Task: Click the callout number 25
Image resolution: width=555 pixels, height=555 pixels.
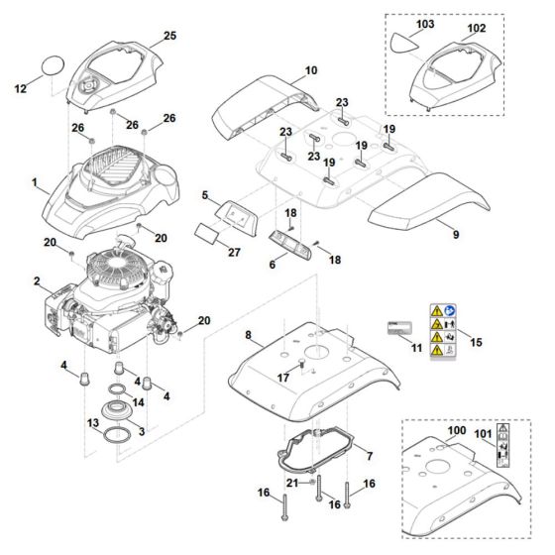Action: click(x=169, y=37)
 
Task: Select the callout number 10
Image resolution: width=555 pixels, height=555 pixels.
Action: click(x=310, y=71)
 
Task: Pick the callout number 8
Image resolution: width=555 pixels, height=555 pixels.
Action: click(x=249, y=336)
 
